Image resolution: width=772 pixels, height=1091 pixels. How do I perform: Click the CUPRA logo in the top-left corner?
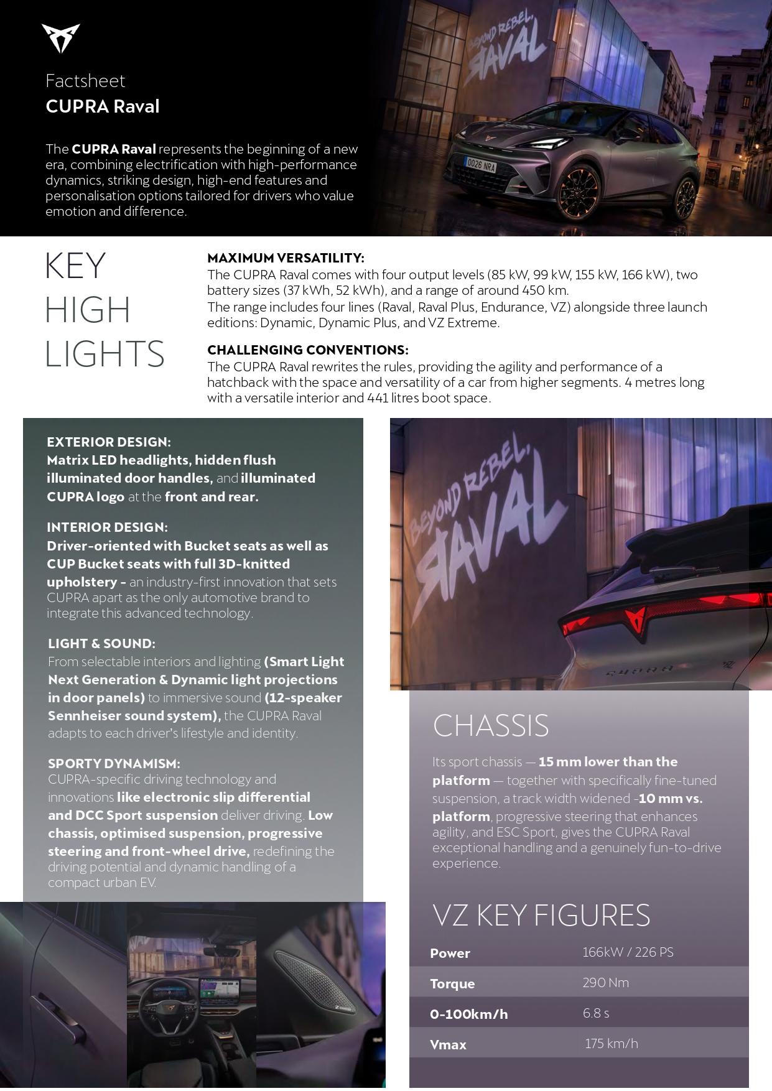pyautogui.click(x=60, y=38)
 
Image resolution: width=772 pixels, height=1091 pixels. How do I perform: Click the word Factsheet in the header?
pyautogui.click(x=85, y=81)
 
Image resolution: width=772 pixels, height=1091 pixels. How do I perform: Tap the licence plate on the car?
pyautogui.click(x=481, y=165)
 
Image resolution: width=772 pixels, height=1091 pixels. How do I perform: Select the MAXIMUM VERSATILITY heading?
pyautogui.click(x=286, y=258)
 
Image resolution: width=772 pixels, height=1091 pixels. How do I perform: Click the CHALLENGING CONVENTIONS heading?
pyautogui.click(x=307, y=350)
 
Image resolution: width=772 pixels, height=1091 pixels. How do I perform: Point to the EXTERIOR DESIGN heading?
pyautogui.click(x=108, y=442)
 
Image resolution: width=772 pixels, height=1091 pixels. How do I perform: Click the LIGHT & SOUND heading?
pyautogui.click(x=101, y=644)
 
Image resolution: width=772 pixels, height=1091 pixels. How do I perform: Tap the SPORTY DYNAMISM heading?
pyautogui.click(x=114, y=764)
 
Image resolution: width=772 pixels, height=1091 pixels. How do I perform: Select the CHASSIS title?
pyautogui.click(x=490, y=726)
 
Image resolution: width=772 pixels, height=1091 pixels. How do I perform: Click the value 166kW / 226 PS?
pyautogui.click(x=628, y=952)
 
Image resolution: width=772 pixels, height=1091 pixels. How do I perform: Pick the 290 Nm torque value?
pyautogui.click(x=605, y=983)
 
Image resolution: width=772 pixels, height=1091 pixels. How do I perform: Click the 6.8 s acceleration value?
pyautogui.click(x=595, y=1013)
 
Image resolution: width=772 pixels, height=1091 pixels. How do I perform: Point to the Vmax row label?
pyautogui.click(x=448, y=1045)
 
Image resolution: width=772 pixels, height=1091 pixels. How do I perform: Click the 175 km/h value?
pyautogui.click(x=611, y=1044)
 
